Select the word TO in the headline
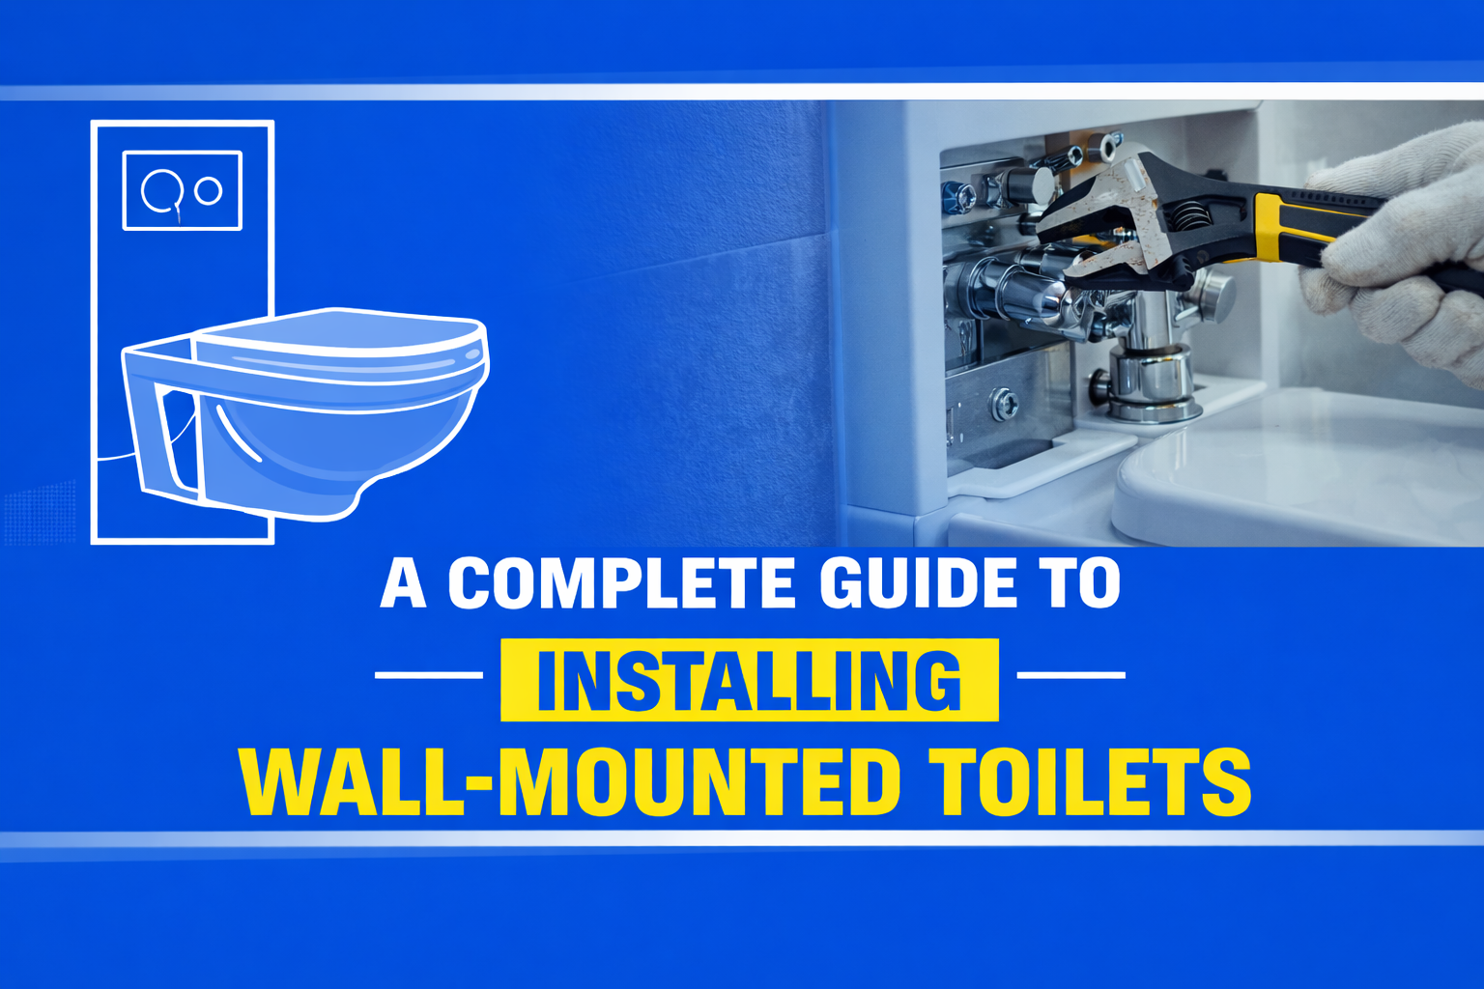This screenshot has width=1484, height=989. (x=1080, y=583)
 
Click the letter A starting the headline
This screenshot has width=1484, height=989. (x=403, y=583)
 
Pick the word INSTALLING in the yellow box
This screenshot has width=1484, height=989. (x=749, y=680)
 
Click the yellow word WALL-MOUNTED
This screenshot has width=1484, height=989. (x=570, y=782)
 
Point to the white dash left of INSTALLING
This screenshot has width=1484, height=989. (x=428, y=675)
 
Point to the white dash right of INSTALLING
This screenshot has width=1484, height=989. (x=1071, y=675)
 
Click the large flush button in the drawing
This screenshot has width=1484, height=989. (x=162, y=190)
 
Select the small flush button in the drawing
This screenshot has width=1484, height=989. (x=209, y=190)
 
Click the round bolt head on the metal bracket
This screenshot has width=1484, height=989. (x=1005, y=404)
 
